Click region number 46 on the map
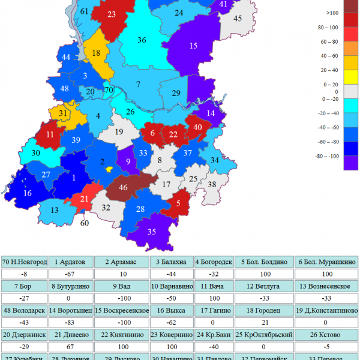point(124,188)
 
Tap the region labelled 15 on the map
point(193,46)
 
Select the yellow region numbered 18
point(96,53)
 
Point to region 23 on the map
point(112,14)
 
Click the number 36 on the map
point(142,40)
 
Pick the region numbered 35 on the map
point(152,232)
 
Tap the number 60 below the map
point(85,223)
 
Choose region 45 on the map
point(237,19)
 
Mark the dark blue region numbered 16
point(28,193)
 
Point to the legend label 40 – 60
point(329,56)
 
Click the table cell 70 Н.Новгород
point(25,262)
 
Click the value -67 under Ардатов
point(74,274)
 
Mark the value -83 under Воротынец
point(74,322)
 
